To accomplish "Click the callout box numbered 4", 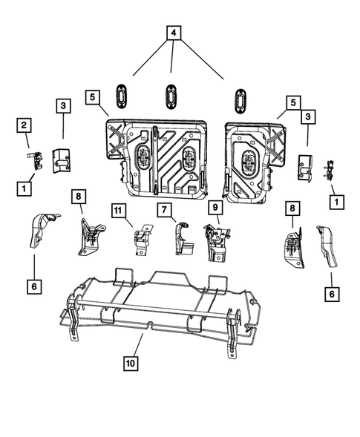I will (172, 33).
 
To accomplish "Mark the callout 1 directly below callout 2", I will (24, 188).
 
